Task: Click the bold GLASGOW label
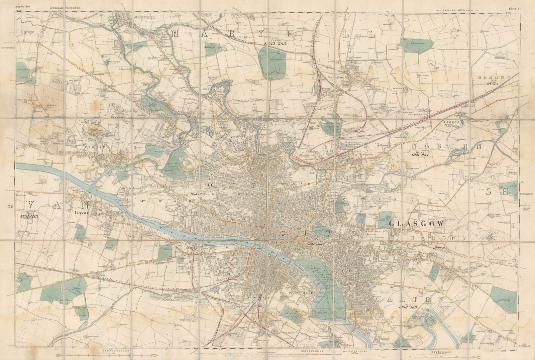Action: [416, 224]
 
